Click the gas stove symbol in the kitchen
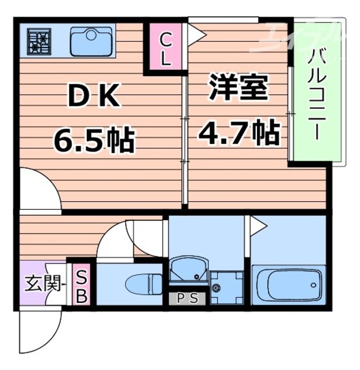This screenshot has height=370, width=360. point(39,41)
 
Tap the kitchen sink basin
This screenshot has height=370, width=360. point(91,40)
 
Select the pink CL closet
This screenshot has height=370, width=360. point(164,49)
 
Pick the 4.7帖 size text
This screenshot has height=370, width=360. point(239,134)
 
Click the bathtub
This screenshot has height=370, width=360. point(287,284)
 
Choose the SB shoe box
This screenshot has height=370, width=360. point(82,287)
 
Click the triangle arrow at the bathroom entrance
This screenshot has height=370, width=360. point(257,225)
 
